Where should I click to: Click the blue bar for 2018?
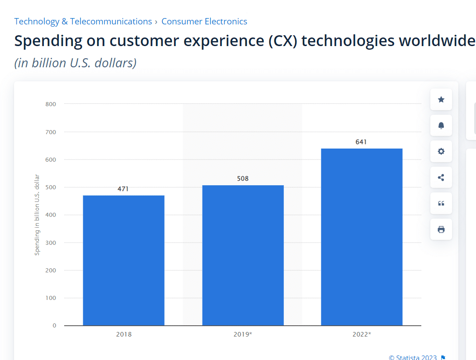tap(123, 260)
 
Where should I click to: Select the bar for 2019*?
tap(243, 255)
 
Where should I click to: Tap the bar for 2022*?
tap(362, 237)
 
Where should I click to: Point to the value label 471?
tap(123, 189)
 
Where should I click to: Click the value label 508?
tap(243, 178)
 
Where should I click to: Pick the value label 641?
tap(361, 142)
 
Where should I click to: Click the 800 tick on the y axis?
tap(51, 104)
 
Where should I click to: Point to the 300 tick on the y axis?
tap(51, 243)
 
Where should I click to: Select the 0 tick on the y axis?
tap(54, 325)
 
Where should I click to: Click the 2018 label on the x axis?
tap(124, 335)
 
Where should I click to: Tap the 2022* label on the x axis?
tap(362, 335)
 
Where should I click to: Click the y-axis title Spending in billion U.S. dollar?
tap(37, 215)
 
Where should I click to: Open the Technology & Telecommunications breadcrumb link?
tap(83, 21)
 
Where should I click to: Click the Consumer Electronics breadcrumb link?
tap(204, 21)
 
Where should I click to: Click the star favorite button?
tap(441, 99)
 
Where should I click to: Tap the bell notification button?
tap(441, 126)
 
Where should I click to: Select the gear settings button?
tap(441, 151)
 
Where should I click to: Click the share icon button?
tap(441, 178)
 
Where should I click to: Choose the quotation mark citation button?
tap(441, 203)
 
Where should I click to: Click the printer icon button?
tap(441, 229)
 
